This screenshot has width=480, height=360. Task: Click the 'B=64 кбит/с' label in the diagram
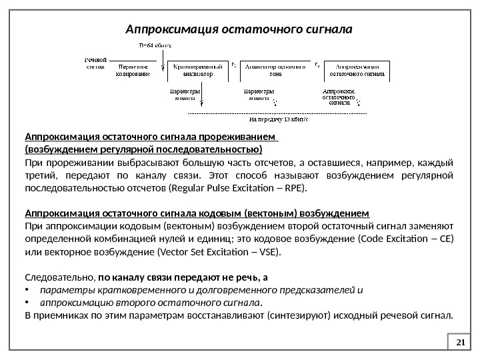click(x=155, y=45)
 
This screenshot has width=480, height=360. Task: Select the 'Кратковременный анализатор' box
click(x=198, y=70)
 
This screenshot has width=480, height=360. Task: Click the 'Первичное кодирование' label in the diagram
click(x=133, y=70)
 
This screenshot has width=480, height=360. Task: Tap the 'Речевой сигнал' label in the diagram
click(x=97, y=63)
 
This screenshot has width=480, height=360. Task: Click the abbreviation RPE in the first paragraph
click(x=294, y=188)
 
